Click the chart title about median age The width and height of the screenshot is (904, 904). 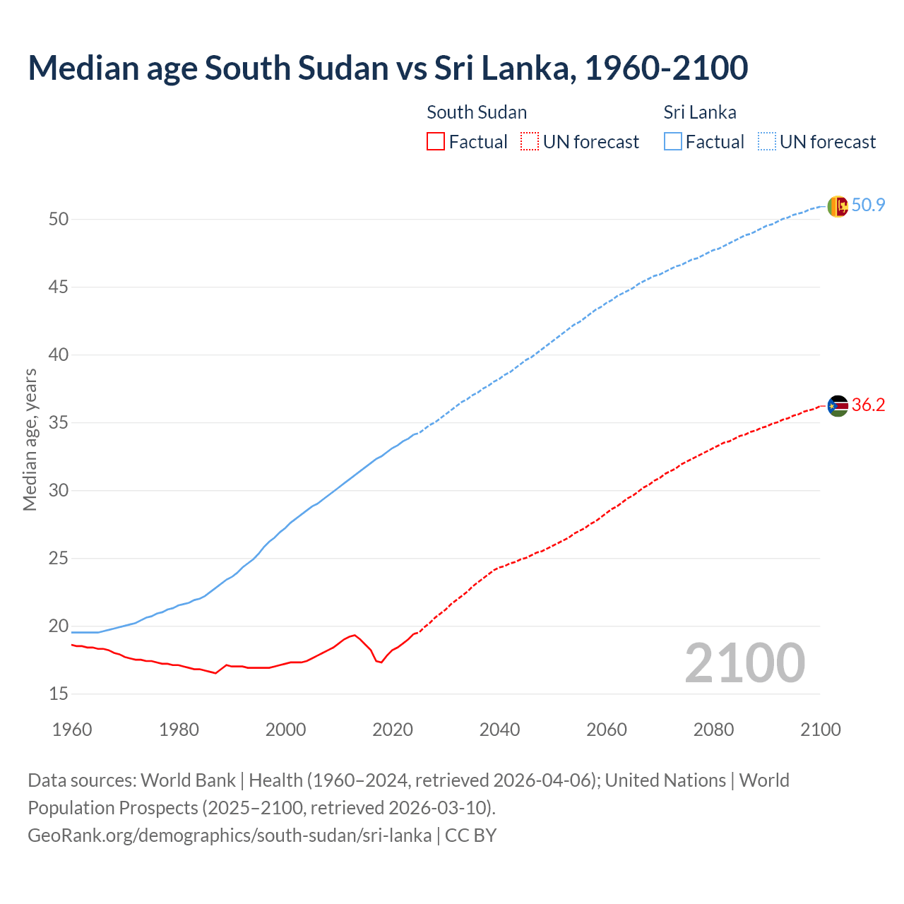click(x=387, y=69)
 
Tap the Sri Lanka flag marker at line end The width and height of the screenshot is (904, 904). click(x=837, y=206)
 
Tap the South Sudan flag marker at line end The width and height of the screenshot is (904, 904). click(x=837, y=406)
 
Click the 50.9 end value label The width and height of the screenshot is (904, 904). click(x=868, y=206)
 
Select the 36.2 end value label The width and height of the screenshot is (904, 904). click(x=868, y=405)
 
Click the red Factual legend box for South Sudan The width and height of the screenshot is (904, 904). click(x=436, y=142)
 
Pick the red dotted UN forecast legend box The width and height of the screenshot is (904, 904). click(x=530, y=142)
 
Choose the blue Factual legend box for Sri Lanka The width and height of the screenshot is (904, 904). click(x=672, y=142)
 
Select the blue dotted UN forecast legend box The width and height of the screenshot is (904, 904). click(x=766, y=142)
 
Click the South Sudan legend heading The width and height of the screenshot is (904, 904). click(x=477, y=112)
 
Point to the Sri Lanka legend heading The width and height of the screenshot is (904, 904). click(x=699, y=112)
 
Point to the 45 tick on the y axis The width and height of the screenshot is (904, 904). click(x=59, y=287)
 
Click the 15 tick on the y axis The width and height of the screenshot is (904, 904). click(x=59, y=694)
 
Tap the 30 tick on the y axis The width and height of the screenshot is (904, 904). click(x=59, y=491)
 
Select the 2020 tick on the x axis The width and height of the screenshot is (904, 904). click(x=393, y=730)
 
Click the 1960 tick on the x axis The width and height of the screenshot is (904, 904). click(x=72, y=730)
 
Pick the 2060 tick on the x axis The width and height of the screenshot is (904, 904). click(x=607, y=730)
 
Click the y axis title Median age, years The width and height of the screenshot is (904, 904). click(x=30, y=439)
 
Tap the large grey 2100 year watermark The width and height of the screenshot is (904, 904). click(x=744, y=663)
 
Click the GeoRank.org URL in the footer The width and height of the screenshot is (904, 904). click(x=230, y=835)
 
